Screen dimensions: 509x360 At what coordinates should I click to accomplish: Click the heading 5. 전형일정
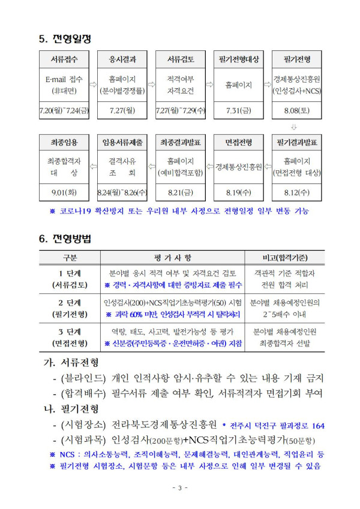(64, 39)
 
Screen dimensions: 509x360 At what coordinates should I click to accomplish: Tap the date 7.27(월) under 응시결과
(122, 110)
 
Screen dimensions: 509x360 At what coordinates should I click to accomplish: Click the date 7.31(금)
(238, 110)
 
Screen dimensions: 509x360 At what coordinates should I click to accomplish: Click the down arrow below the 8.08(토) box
(294, 127)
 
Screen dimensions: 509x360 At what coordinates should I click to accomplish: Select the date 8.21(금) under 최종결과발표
(181, 193)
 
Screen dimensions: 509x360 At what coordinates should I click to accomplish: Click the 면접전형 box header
(238, 143)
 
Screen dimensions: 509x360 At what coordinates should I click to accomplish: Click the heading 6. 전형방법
(64, 239)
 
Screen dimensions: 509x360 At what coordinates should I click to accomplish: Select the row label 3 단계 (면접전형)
(70, 338)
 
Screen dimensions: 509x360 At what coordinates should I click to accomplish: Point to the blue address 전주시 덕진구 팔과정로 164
(276, 426)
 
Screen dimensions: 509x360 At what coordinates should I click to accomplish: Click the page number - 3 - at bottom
(179, 487)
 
